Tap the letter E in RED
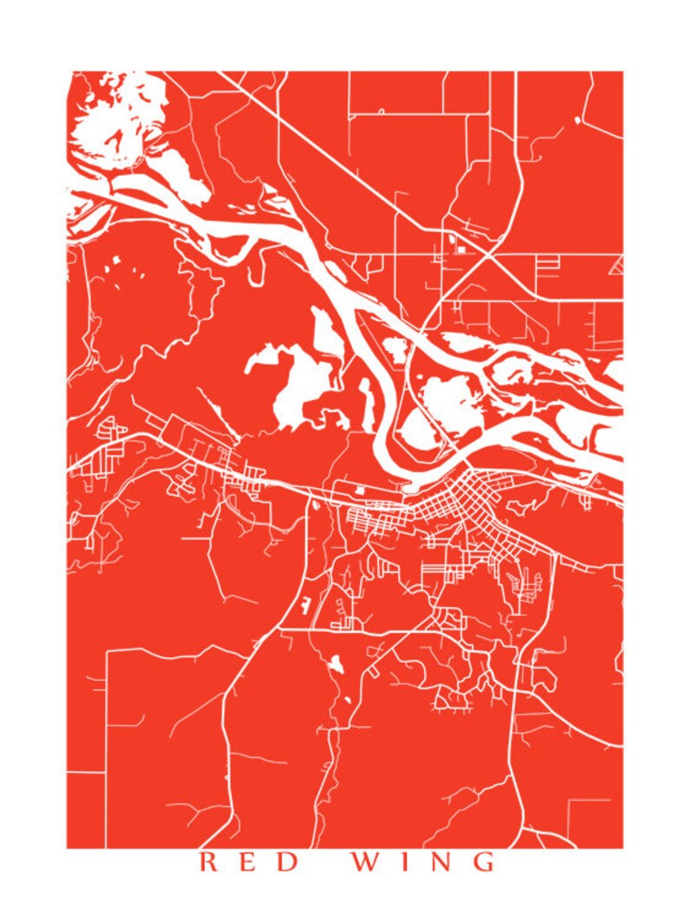[250, 863]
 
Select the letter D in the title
[292, 863]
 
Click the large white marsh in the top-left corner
[109, 117]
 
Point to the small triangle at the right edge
[616, 266]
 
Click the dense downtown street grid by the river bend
[461, 500]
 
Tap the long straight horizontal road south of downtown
[365, 631]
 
